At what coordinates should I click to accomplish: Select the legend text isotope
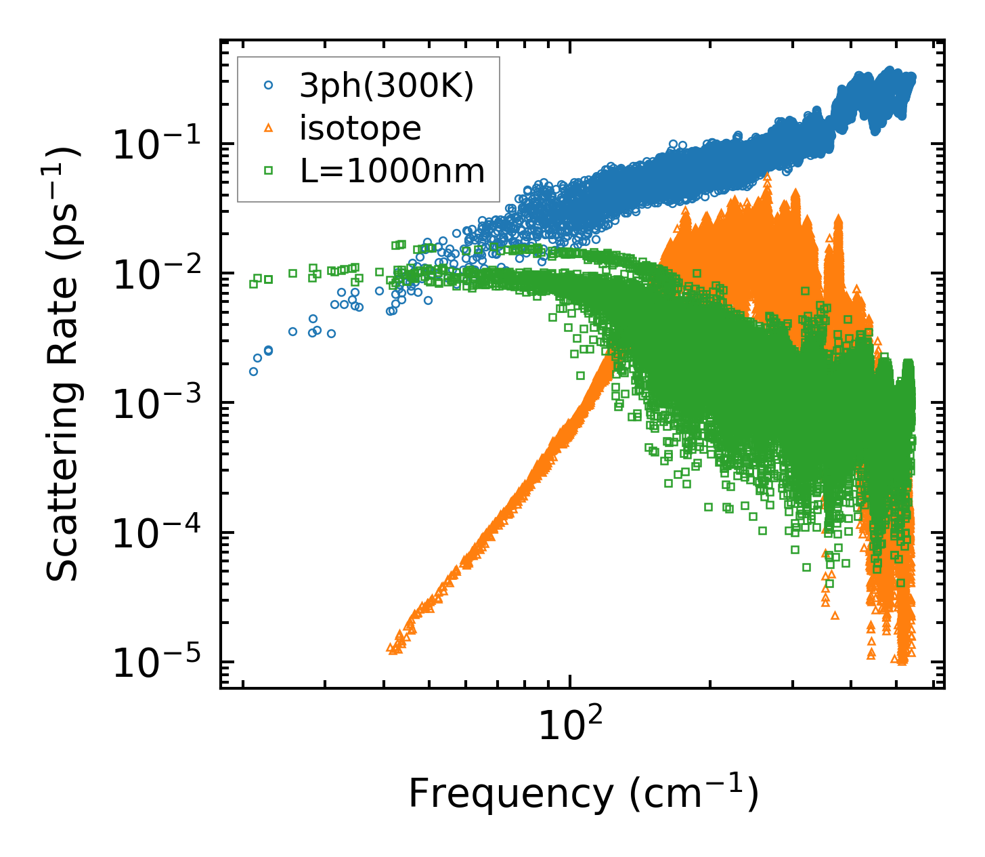coord(360,128)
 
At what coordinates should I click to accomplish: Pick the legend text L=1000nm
coord(393,171)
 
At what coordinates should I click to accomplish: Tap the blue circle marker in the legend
coord(269,85)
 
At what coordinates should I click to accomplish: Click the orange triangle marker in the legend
coord(269,129)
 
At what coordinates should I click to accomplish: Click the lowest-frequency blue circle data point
coord(253,371)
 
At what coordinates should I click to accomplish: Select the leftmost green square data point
coord(253,284)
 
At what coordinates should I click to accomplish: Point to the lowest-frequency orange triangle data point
coord(390,648)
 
